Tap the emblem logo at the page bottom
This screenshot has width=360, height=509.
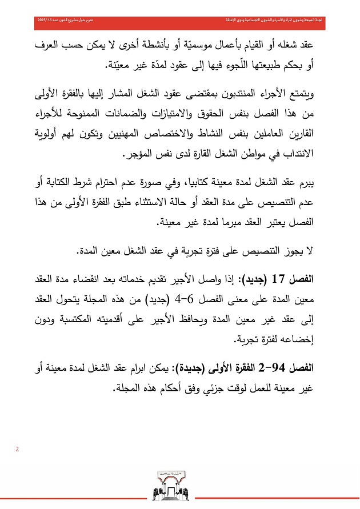pyautogui.click(x=179, y=487)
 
